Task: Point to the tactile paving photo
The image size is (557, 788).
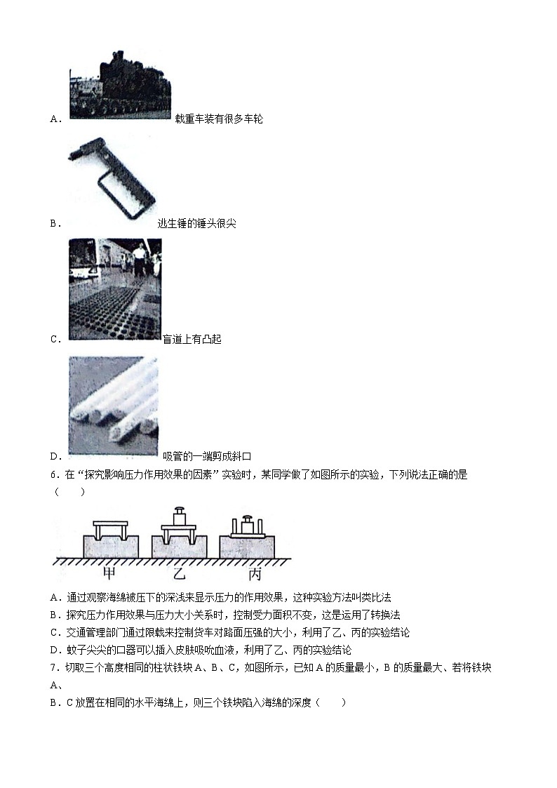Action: (x=115, y=289)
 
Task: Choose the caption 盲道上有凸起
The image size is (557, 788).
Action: (x=192, y=340)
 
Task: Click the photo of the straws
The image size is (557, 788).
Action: (x=113, y=407)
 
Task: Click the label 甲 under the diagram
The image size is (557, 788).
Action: (x=109, y=574)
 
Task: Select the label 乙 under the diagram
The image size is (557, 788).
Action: (x=180, y=574)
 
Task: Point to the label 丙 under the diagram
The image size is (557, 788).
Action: (x=255, y=574)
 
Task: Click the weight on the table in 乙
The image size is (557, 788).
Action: (x=181, y=515)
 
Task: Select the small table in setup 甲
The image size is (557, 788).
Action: (x=111, y=528)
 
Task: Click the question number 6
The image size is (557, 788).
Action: (x=55, y=474)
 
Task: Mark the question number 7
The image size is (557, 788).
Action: (x=55, y=667)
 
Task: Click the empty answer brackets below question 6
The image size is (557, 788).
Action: (x=69, y=491)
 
